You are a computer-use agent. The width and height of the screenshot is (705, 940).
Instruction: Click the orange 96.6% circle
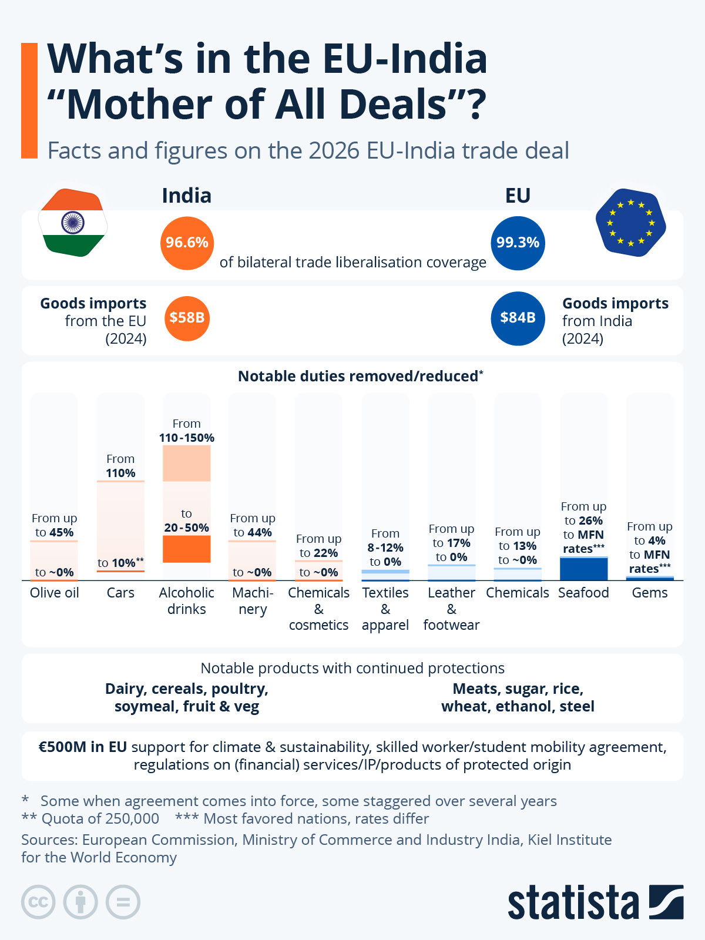pos(187,243)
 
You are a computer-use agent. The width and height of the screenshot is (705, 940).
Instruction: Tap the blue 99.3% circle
pos(518,243)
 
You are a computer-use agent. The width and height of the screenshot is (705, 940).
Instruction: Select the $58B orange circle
pos(187,318)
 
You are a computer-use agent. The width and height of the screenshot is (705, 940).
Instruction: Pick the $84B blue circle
pos(518,318)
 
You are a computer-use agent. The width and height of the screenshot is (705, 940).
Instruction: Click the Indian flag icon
pos(72,223)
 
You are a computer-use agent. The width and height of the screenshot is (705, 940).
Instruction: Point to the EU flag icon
pos(630,223)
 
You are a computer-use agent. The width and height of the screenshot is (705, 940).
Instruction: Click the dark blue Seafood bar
pos(583,569)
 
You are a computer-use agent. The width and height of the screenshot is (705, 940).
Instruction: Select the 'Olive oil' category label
pos(54,593)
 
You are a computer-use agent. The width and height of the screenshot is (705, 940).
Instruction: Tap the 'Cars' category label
pos(120,593)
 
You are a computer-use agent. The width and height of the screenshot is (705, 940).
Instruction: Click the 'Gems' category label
pos(649,593)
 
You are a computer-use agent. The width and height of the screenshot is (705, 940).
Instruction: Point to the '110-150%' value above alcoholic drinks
pos(186,438)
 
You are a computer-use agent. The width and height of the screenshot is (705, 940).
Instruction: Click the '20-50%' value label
pos(186,528)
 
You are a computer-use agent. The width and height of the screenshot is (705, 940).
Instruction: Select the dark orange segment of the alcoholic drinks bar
pos(186,549)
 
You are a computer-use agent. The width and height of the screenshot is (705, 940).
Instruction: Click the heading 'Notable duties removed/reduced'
pos(358,377)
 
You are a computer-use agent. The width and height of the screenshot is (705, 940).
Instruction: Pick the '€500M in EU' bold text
pos(82,747)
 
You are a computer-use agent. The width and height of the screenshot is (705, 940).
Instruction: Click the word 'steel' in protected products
pos(577,706)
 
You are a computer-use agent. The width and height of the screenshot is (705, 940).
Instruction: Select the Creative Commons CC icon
pos(38,902)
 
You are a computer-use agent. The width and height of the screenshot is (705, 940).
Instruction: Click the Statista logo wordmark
pos(573,903)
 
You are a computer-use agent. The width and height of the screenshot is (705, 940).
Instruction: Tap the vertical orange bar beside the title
pos(29,100)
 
